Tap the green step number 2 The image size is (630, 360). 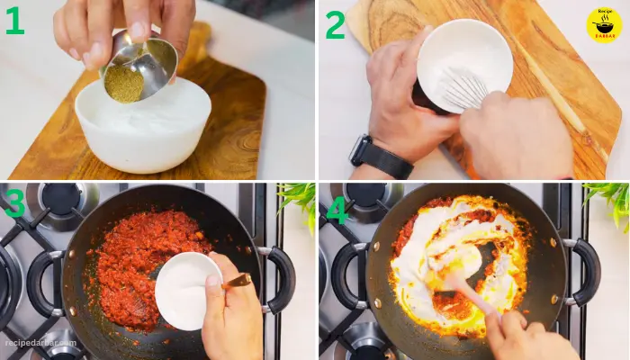tap(335, 24)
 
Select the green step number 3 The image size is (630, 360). tap(14, 203)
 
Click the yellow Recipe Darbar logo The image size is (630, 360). tap(604, 25)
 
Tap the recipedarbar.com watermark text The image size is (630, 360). tap(40, 343)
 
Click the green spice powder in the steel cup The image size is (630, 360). tap(124, 84)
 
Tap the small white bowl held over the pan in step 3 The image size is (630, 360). tap(188, 291)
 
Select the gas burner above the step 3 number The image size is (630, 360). tap(61, 205)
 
